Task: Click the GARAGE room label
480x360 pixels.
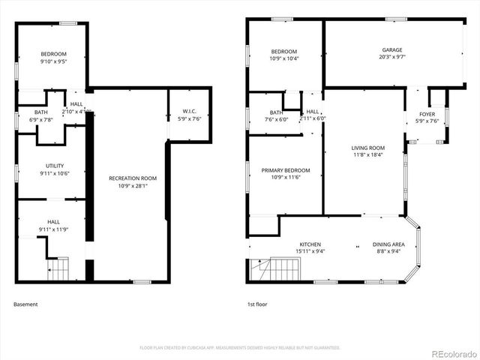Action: (x=392, y=49)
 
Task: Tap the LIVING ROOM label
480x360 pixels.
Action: (x=367, y=148)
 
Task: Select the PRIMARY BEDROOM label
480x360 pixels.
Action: (x=286, y=170)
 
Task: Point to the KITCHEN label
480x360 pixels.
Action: (x=310, y=244)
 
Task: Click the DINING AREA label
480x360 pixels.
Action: (x=388, y=244)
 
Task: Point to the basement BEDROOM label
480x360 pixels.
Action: (x=54, y=54)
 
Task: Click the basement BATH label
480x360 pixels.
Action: (x=20, y=112)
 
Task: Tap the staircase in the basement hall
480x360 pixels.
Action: (x=58, y=268)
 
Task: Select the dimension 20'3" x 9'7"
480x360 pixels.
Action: (x=392, y=57)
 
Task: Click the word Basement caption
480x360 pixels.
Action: (x=25, y=304)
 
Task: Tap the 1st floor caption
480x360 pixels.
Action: (x=256, y=304)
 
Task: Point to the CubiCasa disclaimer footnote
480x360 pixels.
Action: (x=240, y=348)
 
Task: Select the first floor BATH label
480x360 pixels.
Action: (x=277, y=112)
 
